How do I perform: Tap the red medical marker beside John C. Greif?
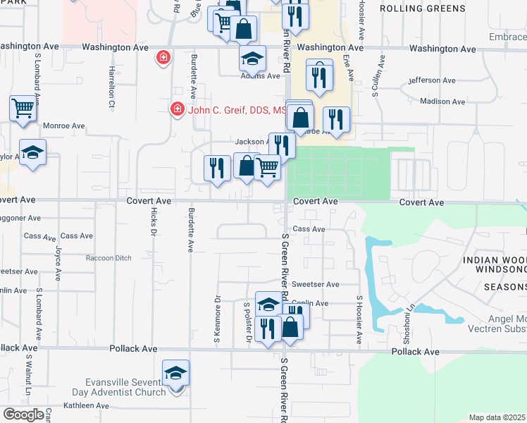tap(176, 109)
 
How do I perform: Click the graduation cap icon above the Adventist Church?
tap(175, 373)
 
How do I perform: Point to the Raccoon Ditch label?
tap(108, 258)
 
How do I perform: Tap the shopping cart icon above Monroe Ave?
tap(23, 109)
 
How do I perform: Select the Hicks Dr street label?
tap(153, 220)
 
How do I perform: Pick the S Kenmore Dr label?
tap(217, 321)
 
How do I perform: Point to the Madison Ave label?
tap(442, 102)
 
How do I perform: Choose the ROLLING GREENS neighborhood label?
tap(422, 8)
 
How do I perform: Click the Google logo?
tap(23, 415)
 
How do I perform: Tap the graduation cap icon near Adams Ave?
tap(252, 59)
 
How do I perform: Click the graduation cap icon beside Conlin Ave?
tap(268, 305)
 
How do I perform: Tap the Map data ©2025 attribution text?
tap(497, 417)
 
